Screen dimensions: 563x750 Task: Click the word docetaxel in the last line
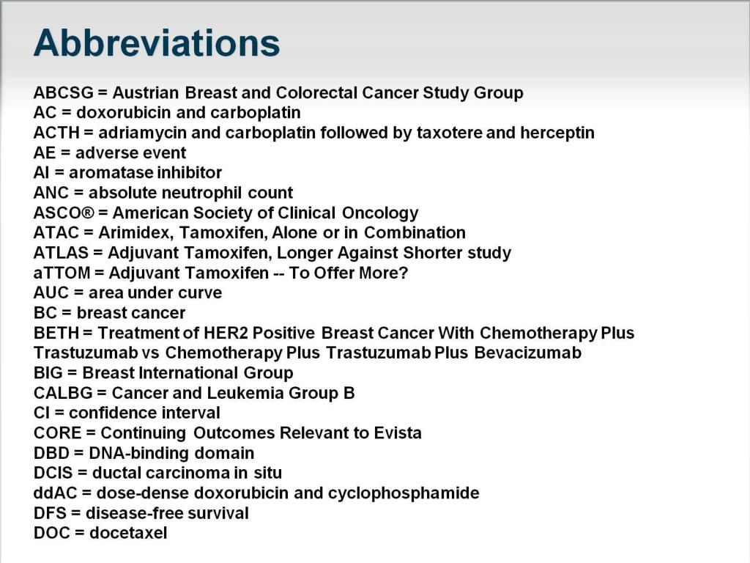128,533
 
